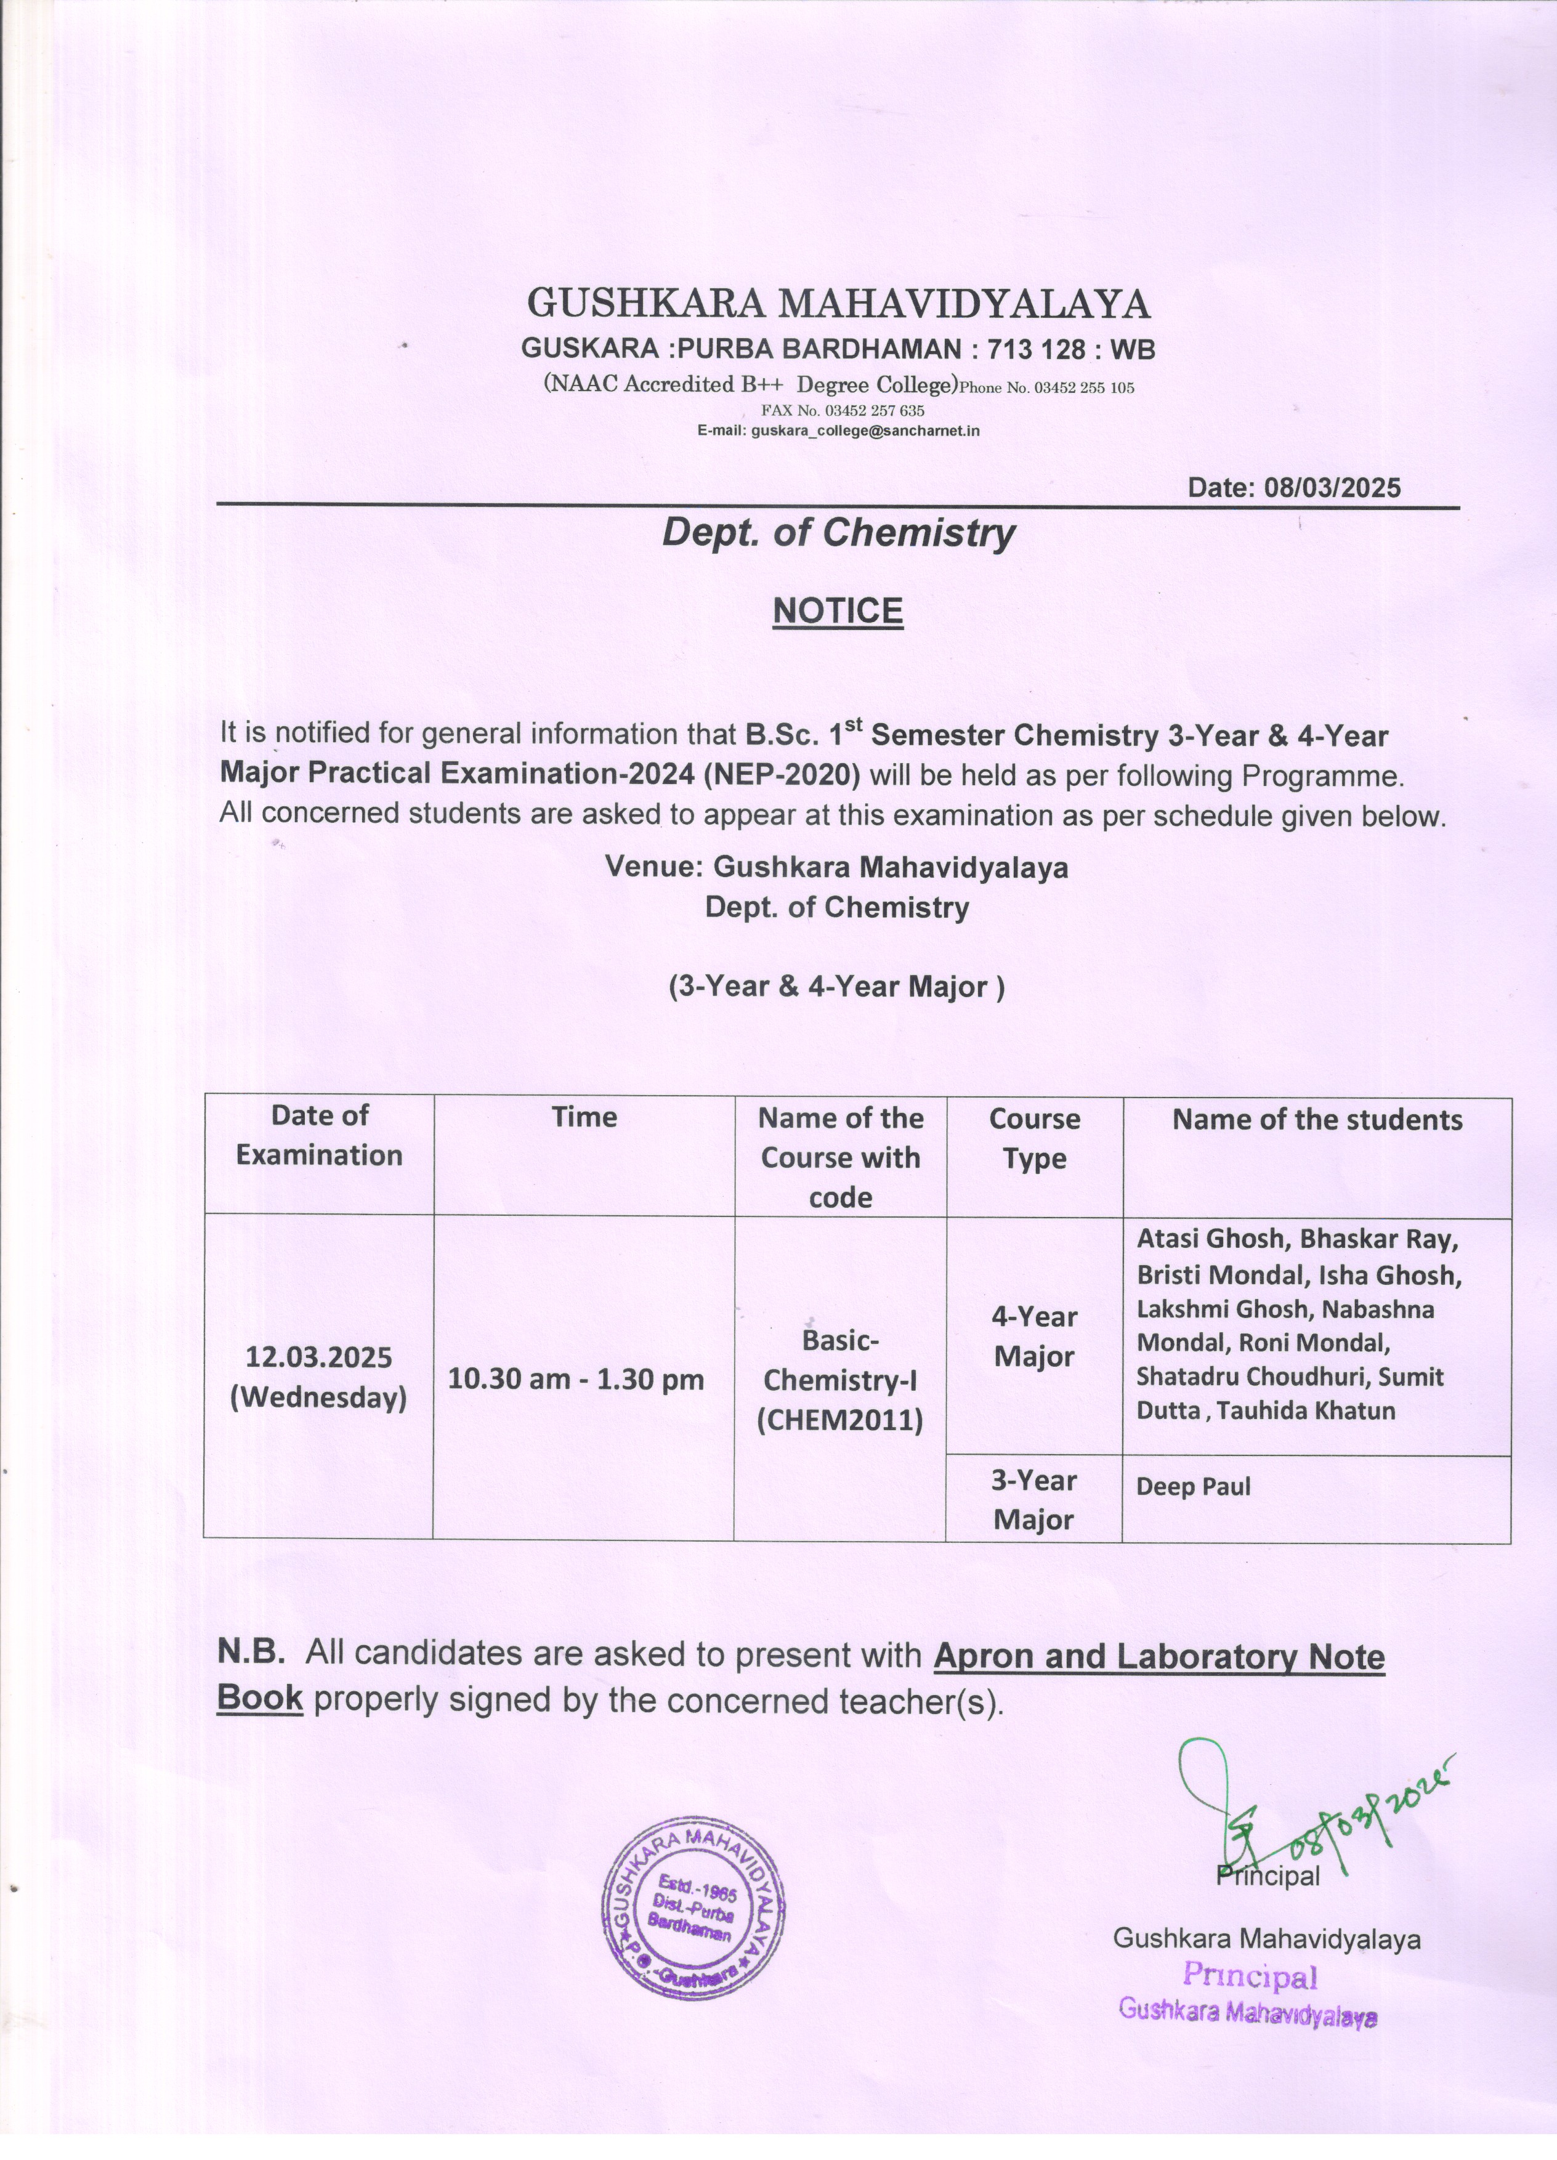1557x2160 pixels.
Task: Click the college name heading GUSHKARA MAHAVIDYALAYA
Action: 838,304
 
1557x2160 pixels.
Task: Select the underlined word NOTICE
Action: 837,610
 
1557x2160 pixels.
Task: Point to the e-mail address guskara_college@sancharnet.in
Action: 865,431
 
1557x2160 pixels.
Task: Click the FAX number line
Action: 842,410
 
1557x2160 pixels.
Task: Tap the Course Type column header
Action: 1034,1138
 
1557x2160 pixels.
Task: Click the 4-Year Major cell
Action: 1034,1336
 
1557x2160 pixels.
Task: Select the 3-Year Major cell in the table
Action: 1033,1500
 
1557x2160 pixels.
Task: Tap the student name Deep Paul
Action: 1192,1487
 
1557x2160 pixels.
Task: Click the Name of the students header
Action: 1316,1119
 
